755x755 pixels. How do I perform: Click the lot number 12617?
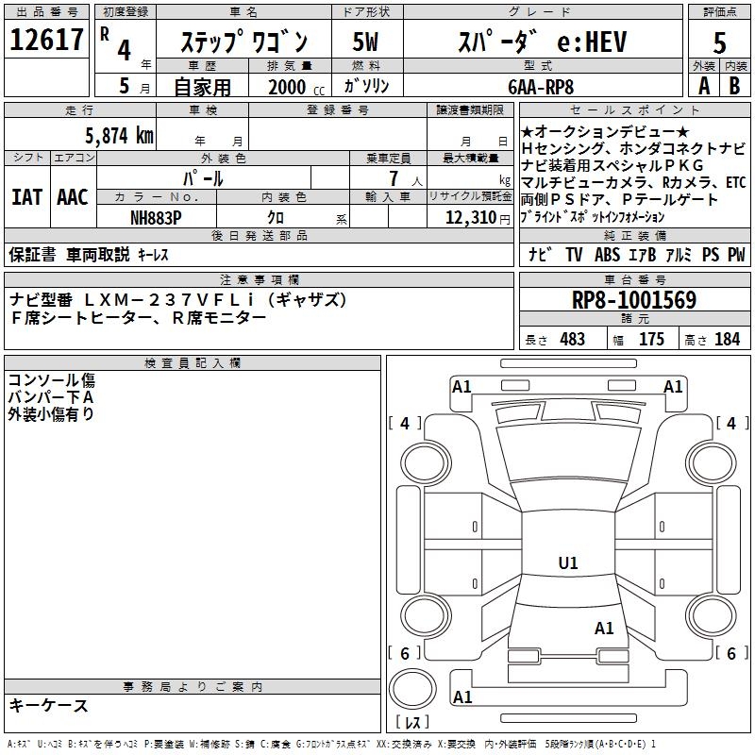pos(46,40)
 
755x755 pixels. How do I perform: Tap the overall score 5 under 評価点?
pos(719,42)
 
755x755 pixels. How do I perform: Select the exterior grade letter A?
pos(704,86)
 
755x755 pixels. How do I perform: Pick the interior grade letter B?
pos(734,86)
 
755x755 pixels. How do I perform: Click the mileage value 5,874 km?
pos(120,136)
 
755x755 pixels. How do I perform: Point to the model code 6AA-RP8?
pos(541,87)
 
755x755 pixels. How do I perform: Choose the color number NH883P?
pos(156,218)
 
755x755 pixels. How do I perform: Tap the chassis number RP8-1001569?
pos(634,300)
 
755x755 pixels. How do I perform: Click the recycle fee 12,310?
pos(471,218)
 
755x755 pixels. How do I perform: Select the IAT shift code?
pos(27,197)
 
